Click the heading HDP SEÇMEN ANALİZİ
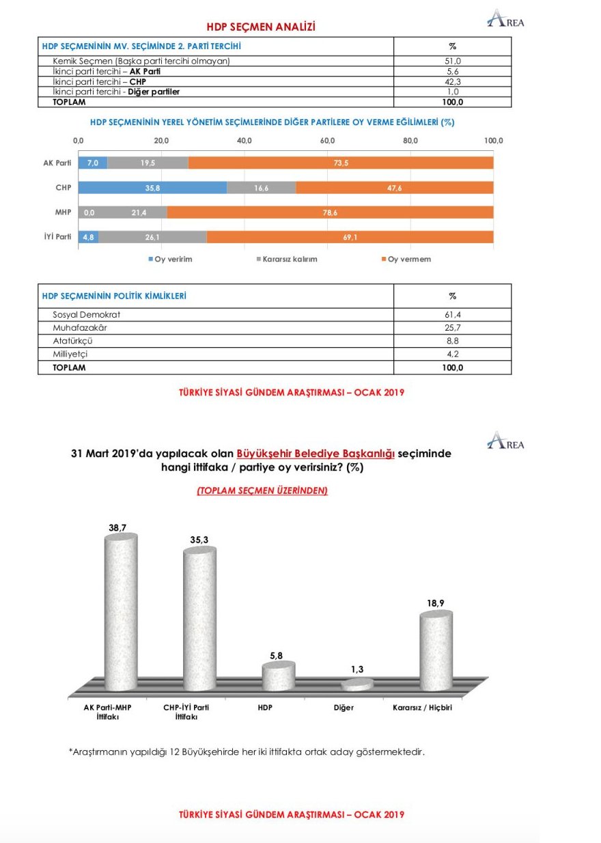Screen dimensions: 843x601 point(261,27)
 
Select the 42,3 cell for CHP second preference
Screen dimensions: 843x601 point(452,81)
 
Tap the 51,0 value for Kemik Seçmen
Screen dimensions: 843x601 point(452,61)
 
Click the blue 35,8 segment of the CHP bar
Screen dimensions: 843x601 point(152,188)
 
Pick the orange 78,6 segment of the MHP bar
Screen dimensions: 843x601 point(330,212)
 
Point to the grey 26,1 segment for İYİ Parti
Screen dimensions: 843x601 point(153,237)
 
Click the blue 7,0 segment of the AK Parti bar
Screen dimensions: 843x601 point(93,163)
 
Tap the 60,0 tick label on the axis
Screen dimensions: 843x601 point(327,141)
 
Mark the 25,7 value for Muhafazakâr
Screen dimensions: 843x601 point(452,328)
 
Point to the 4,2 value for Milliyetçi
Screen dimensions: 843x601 point(452,354)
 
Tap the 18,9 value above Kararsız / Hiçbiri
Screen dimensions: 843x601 point(435,603)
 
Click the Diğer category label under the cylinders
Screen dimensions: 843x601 point(344,708)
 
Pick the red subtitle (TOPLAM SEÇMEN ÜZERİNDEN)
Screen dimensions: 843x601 point(262,490)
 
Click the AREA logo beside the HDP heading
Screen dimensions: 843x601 point(506,20)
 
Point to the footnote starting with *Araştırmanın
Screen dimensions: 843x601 point(247,752)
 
